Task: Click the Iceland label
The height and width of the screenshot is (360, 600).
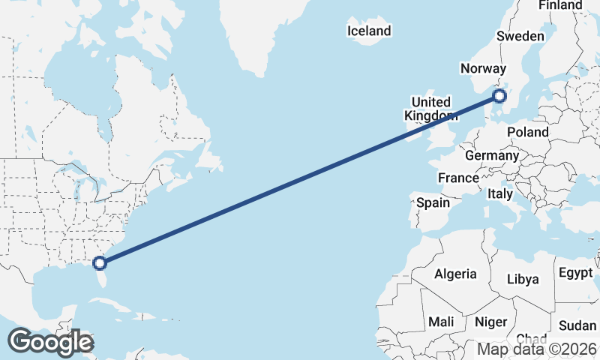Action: pyautogui.click(x=369, y=31)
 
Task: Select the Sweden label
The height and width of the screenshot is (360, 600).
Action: pyautogui.click(x=520, y=36)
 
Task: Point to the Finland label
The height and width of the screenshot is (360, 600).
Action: pyautogui.click(x=560, y=5)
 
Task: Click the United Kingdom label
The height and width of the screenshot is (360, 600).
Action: pyautogui.click(x=430, y=109)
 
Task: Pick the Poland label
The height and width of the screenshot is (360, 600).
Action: pyautogui.click(x=527, y=132)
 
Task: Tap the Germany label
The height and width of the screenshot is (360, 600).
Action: pyautogui.click(x=492, y=155)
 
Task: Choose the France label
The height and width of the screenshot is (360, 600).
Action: pyautogui.click(x=458, y=178)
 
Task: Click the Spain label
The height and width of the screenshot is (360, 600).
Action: pyautogui.click(x=433, y=202)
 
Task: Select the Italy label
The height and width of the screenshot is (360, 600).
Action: pyautogui.click(x=500, y=193)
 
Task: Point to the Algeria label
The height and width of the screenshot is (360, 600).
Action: pyautogui.click(x=455, y=274)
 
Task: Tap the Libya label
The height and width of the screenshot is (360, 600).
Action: pyautogui.click(x=523, y=279)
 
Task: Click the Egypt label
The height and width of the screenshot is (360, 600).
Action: pyautogui.click(x=576, y=273)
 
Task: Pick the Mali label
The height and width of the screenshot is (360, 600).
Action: pyautogui.click(x=441, y=321)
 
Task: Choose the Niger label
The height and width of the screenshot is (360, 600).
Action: pyautogui.click(x=491, y=322)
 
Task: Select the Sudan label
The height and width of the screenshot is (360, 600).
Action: pyautogui.click(x=577, y=325)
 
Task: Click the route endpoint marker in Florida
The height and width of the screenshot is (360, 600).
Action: pyautogui.click(x=99, y=262)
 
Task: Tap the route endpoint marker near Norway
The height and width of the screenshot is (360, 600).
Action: pyautogui.click(x=499, y=96)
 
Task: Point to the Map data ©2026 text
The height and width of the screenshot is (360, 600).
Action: pyautogui.click(x=536, y=349)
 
